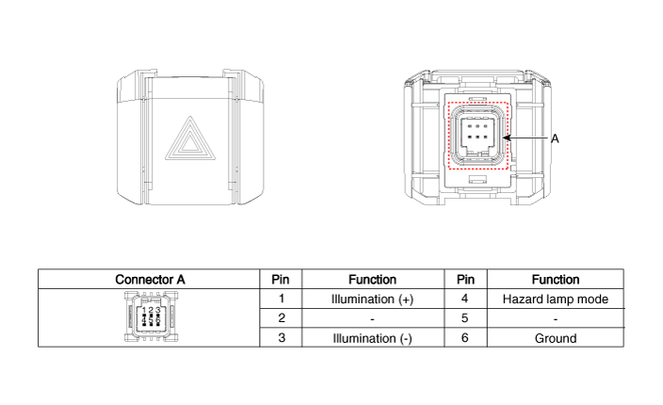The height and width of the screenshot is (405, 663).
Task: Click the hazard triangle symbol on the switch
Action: coord(190,139)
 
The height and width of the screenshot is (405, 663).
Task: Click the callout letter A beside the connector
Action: coord(555,138)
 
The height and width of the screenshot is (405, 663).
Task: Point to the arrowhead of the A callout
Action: coord(506,138)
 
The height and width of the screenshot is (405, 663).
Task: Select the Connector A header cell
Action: coord(149,280)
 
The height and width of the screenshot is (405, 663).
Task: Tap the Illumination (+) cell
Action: coord(373,299)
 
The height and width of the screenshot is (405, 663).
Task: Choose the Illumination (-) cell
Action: coord(373,338)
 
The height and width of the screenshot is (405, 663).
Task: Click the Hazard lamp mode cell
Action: coord(556,299)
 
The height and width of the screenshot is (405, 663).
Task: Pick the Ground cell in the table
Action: coord(556,338)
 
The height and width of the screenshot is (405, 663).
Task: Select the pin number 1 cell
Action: coord(282,299)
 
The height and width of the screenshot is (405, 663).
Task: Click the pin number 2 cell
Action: coord(282,318)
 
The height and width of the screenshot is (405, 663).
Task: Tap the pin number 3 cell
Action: coord(282,338)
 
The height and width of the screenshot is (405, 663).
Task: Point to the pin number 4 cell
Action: coord(465,299)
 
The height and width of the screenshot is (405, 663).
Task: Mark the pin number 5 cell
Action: coord(465,318)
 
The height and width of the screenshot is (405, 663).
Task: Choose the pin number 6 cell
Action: coord(465,338)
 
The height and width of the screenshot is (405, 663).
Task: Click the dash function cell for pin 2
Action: coord(373,318)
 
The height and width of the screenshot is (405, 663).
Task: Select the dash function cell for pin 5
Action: coord(556,318)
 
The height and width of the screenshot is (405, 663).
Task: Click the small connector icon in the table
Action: coord(151,316)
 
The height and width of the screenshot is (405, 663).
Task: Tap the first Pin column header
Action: coord(281,280)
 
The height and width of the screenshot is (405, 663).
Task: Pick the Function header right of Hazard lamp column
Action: coord(556,280)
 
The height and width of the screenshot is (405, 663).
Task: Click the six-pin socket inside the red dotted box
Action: coord(477,136)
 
